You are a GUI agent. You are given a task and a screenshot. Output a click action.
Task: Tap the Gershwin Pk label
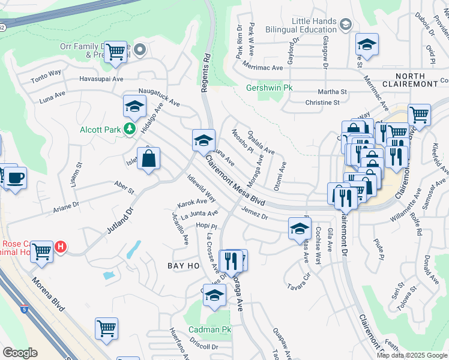[x=270, y=88]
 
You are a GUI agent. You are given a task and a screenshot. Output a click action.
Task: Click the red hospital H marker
[x=60, y=247]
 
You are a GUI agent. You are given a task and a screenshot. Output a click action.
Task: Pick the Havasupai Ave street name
[x=101, y=79]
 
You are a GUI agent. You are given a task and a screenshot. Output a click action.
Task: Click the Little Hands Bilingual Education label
[x=306, y=25]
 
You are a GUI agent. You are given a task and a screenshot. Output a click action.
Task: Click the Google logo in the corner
[x=20, y=353]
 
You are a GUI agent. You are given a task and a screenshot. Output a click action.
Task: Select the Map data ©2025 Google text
[x=411, y=355]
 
